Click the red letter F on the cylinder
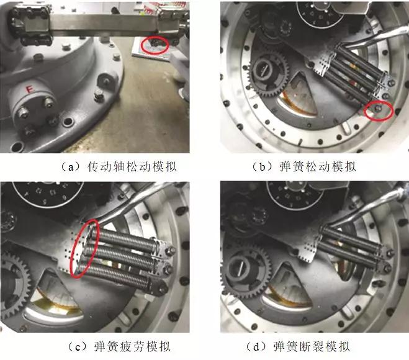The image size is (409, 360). coord(29,89)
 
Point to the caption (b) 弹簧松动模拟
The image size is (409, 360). coord(304,166)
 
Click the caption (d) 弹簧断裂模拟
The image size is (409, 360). coord(298,346)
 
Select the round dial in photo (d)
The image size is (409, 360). coord(295,195)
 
